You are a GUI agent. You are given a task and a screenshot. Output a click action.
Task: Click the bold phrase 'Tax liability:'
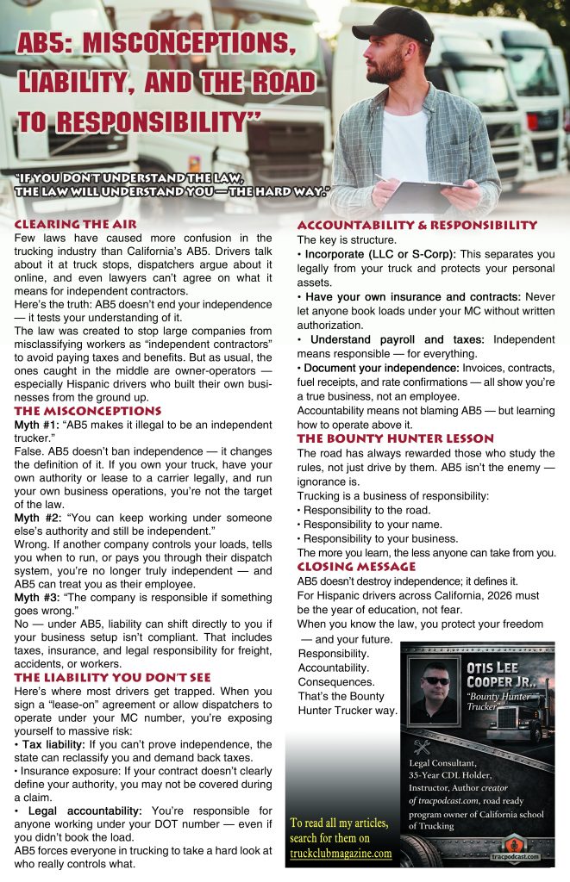coord(60,744)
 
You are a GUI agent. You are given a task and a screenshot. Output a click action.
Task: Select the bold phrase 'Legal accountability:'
coord(80,811)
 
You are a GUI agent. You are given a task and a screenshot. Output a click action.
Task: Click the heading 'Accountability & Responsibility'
coord(417,226)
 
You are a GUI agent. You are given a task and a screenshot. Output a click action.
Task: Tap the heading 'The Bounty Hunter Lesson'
coord(396,438)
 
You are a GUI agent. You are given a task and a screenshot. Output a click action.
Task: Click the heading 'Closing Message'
coord(356,567)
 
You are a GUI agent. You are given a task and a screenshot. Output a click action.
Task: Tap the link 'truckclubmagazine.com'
coord(340,854)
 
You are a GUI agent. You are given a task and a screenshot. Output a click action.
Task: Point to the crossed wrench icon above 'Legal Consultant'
coord(421,747)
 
